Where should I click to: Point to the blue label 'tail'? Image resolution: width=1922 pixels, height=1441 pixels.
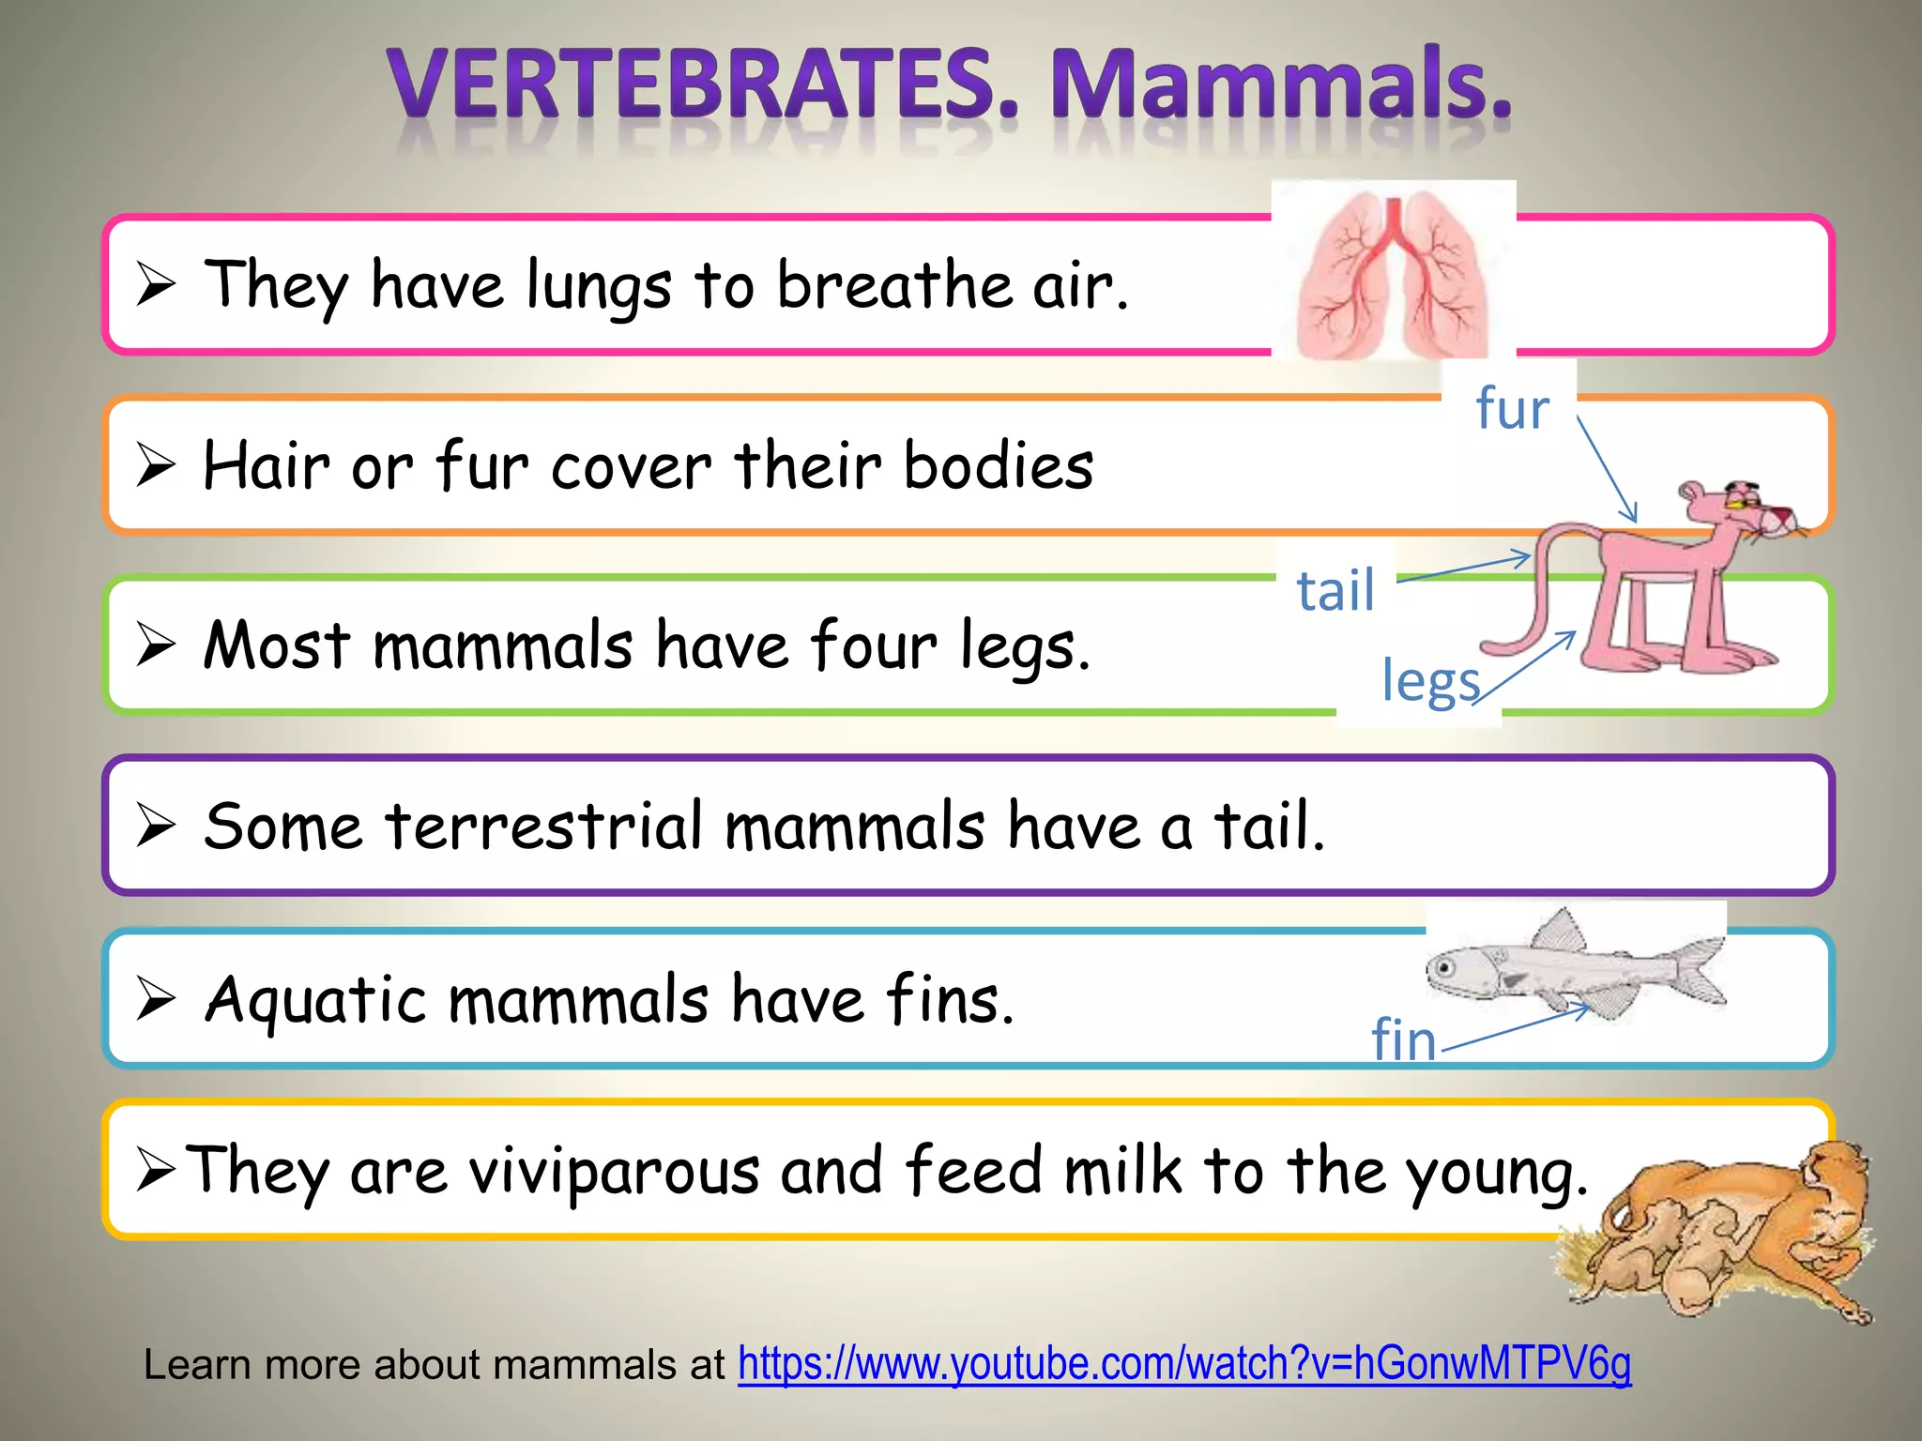point(1335,590)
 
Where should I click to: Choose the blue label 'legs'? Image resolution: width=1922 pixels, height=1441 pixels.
point(1430,681)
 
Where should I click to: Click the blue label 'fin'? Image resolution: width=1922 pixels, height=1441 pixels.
point(1403,1039)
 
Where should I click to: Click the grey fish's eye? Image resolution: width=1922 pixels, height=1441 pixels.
point(1446,967)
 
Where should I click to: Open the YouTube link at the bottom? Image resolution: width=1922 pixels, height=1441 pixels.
point(1184,1364)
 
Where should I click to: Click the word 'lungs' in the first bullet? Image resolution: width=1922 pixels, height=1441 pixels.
point(599,285)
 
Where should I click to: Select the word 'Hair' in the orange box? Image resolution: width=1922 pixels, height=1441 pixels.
point(267,465)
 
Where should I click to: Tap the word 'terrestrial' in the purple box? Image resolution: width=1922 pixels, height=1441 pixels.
point(543,827)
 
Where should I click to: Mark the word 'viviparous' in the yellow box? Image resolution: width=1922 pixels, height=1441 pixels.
point(614,1171)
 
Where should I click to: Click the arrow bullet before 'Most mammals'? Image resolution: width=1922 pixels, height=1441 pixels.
point(156,645)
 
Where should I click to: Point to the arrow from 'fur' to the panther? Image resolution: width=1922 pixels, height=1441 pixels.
point(1606,468)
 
